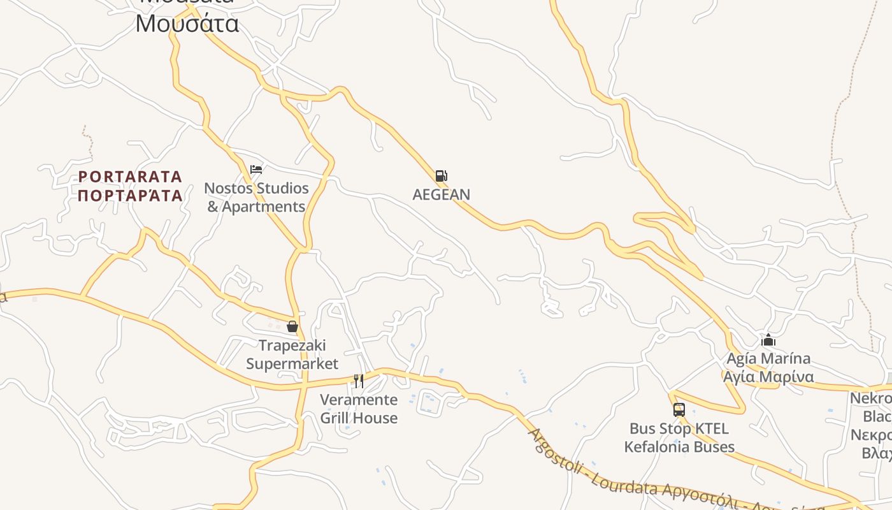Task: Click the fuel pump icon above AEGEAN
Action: click(x=441, y=176)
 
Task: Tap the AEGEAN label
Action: click(x=441, y=194)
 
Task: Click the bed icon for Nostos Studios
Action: click(x=256, y=170)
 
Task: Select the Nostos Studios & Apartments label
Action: click(x=256, y=198)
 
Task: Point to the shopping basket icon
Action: click(x=292, y=326)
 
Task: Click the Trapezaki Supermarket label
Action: click(x=292, y=354)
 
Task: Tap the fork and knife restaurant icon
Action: click(x=359, y=381)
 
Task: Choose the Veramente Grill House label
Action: click(x=359, y=409)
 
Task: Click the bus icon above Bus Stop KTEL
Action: click(x=679, y=410)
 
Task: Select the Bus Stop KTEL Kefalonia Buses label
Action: click(x=679, y=437)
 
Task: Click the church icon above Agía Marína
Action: click(x=768, y=340)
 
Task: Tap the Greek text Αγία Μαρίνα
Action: click(x=768, y=377)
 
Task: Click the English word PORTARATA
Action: click(x=131, y=176)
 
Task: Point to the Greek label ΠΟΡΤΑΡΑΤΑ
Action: click(x=131, y=195)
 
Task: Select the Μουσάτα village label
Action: click(x=187, y=24)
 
